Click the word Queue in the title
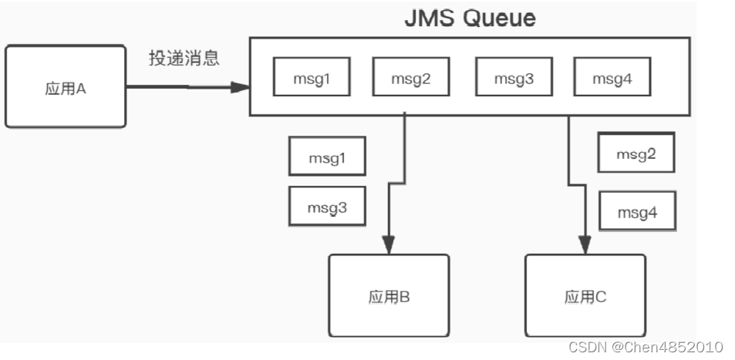pos(497,19)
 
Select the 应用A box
pos(65,87)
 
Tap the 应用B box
pos(389,295)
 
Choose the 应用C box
pos(585,295)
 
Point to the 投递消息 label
pos(184,59)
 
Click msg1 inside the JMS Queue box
pos(312,79)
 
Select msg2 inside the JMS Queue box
pos(410,79)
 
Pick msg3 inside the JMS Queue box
pos(514,79)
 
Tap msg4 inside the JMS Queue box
pos(612,79)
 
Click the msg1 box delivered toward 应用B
pos(326,157)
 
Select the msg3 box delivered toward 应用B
pos(326,207)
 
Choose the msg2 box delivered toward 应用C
pos(636,153)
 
